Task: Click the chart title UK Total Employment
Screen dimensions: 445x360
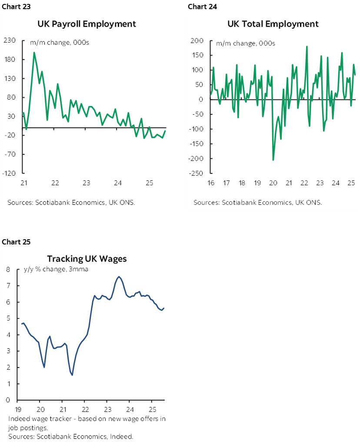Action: [x=273, y=23]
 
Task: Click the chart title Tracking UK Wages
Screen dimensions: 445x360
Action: [x=87, y=258]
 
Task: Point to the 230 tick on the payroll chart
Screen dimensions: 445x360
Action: [x=10, y=40]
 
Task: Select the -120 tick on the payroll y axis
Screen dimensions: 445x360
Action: [x=9, y=173]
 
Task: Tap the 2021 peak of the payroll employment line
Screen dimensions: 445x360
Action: [x=34, y=53]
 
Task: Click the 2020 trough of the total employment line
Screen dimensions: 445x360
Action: [x=273, y=160]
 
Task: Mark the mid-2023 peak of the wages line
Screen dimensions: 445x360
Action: [x=119, y=277]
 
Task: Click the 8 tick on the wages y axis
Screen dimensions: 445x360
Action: [x=8, y=270]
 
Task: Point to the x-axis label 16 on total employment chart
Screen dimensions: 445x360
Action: [x=210, y=183]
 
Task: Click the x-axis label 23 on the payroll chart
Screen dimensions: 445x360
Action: [x=87, y=183]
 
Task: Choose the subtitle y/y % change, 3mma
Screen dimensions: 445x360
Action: [x=56, y=269]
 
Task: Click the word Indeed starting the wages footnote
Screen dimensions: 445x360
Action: [x=17, y=419]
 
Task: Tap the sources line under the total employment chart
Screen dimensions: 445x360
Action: [x=257, y=203]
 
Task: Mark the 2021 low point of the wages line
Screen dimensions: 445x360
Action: [x=72, y=375]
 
